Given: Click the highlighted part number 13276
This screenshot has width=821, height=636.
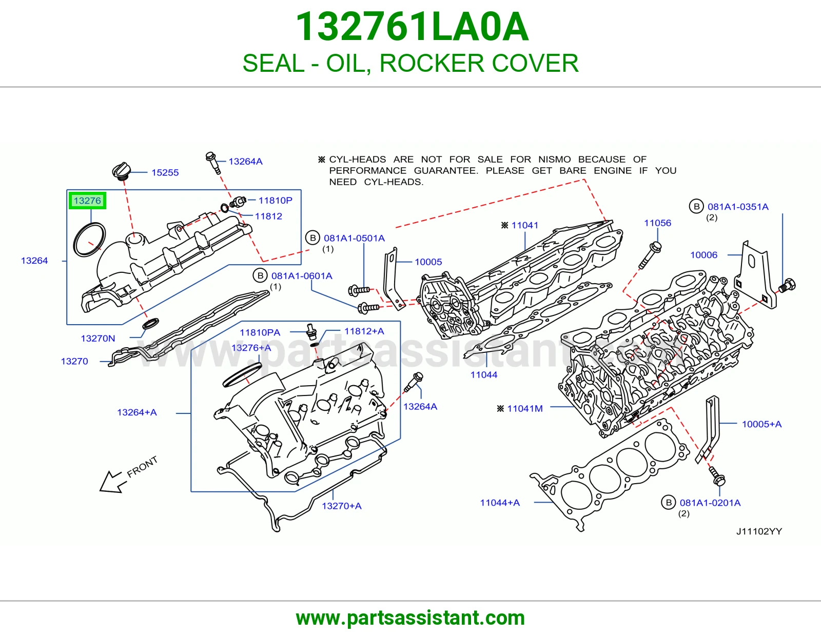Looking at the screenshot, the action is click(87, 201).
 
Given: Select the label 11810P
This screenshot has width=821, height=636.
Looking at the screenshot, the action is click(275, 200).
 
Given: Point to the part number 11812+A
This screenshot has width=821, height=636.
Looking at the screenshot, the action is click(364, 331).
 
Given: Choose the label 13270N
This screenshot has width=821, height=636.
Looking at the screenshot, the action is click(98, 339).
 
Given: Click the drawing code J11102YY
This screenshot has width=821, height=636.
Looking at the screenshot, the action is click(759, 531).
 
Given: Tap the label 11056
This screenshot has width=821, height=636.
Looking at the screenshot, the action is click(657, 223).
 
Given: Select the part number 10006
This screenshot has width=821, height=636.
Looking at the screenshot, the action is click(703, 255).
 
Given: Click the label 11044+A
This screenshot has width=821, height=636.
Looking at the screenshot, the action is click(499, 503).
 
